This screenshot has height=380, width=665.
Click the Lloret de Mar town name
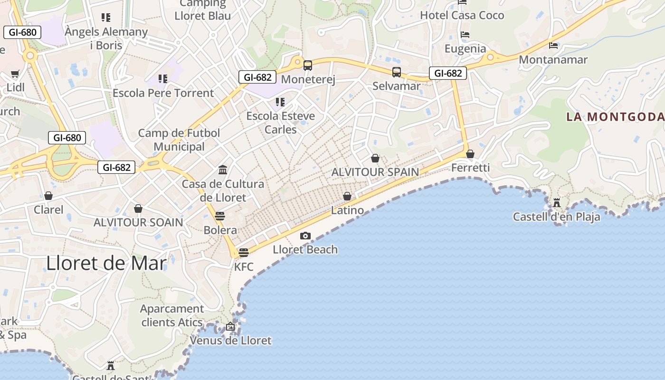coord(106,263)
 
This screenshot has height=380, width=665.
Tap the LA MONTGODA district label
coord(615,117)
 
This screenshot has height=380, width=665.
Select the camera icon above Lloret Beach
coord(305,236)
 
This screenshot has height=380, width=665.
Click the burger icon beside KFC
coord(244,253)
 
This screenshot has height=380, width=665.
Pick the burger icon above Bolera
coord(220,216)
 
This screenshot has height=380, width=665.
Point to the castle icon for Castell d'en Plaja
coord(557,203)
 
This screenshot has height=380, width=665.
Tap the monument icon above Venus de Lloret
coord(230,326)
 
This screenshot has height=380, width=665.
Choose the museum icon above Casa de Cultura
coord(223,170)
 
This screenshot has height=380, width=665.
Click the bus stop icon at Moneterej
coord(308,66)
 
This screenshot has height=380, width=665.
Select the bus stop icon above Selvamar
coord(397,72)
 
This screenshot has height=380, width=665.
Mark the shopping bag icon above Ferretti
coord(470,154)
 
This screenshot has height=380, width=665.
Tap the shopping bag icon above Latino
coord(347,196)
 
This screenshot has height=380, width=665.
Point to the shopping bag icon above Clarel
coord(48,196)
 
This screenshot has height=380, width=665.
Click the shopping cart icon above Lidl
coord(15,74)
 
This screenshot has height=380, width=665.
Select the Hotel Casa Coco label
coord(462,15)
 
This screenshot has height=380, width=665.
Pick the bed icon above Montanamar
coord(553,46)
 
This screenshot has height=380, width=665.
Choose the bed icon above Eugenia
coord(465,35)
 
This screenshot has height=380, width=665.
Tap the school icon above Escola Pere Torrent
coord(163,78)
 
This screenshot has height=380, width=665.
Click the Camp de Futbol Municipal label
coord(179,140)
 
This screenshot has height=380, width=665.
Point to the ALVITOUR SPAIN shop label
coord(375,172)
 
